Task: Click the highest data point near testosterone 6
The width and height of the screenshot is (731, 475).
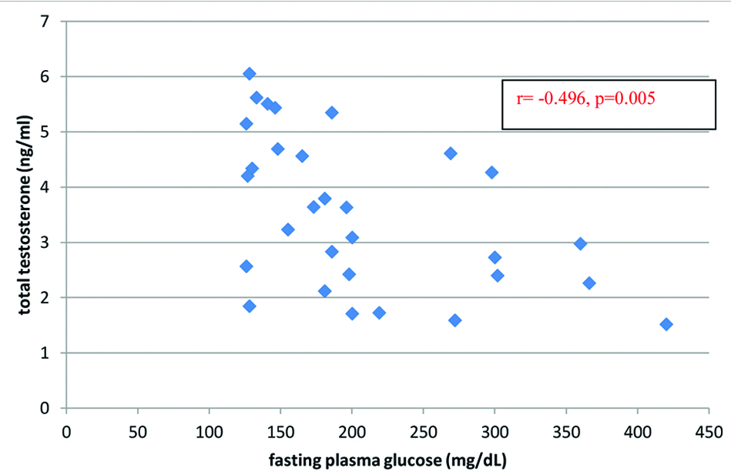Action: (250, 74)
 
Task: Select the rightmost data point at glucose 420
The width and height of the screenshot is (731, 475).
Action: (666, 324)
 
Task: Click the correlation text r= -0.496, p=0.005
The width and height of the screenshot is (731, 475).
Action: (585, 100)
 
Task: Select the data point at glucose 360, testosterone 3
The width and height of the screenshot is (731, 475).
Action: (581, 243)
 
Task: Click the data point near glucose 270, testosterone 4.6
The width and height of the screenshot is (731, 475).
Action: (451, 153)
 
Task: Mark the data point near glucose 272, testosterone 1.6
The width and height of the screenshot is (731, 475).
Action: (455, 320)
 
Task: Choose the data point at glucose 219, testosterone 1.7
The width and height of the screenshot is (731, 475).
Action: (379, 313)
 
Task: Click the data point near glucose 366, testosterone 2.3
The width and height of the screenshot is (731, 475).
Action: (589, 283)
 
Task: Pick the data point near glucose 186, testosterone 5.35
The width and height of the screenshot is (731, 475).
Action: (332, 112)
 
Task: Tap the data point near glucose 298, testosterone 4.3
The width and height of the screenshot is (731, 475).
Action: (491, 172)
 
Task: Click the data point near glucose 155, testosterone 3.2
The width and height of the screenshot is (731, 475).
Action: (288, 229)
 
